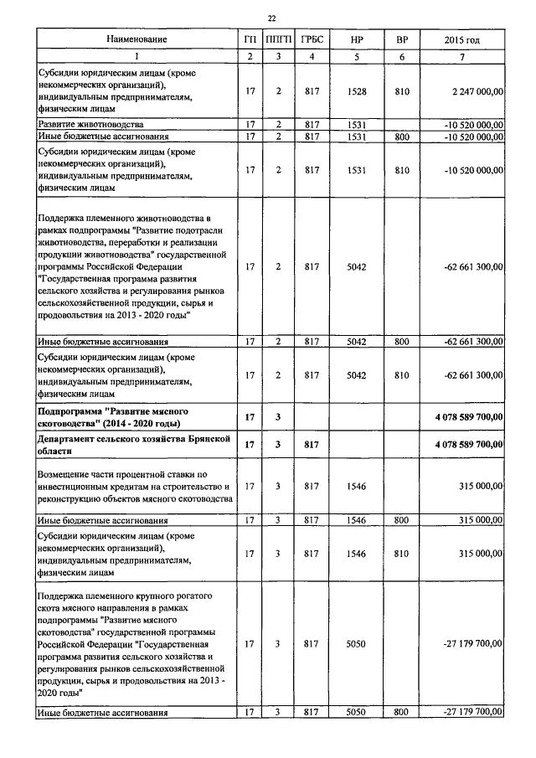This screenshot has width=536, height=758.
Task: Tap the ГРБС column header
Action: click(x=312, y=39)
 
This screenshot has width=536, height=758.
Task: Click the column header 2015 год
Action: click(x=461, y=39)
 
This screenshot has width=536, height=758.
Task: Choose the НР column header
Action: click(x=357, y=39)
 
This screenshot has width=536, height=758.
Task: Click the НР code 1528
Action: click(x=357, y=90)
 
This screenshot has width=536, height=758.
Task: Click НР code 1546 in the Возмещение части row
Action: click(x=357, y=486)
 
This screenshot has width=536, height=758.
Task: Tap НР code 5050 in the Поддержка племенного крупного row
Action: click(x=357, y=644)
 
